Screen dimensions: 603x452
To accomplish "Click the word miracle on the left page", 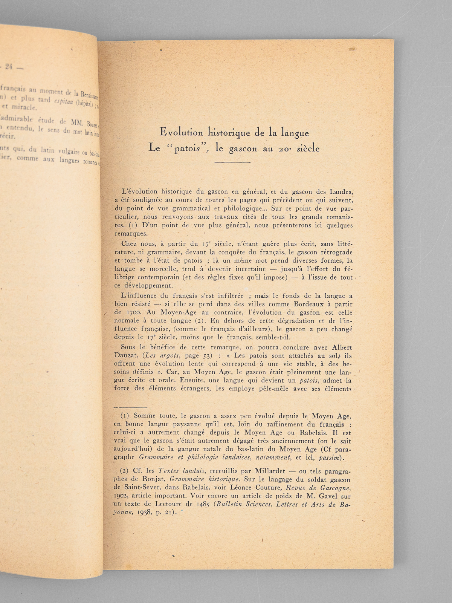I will pyautogui.click(x=25, y=107).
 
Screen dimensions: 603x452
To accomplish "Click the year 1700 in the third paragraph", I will pyautogui.click(x=132, y=312).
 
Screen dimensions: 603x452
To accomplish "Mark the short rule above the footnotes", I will pyautogui.click(x=130, y=407).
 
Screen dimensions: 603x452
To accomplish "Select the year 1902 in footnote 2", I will pyautogui.click(x=121, y=496).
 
